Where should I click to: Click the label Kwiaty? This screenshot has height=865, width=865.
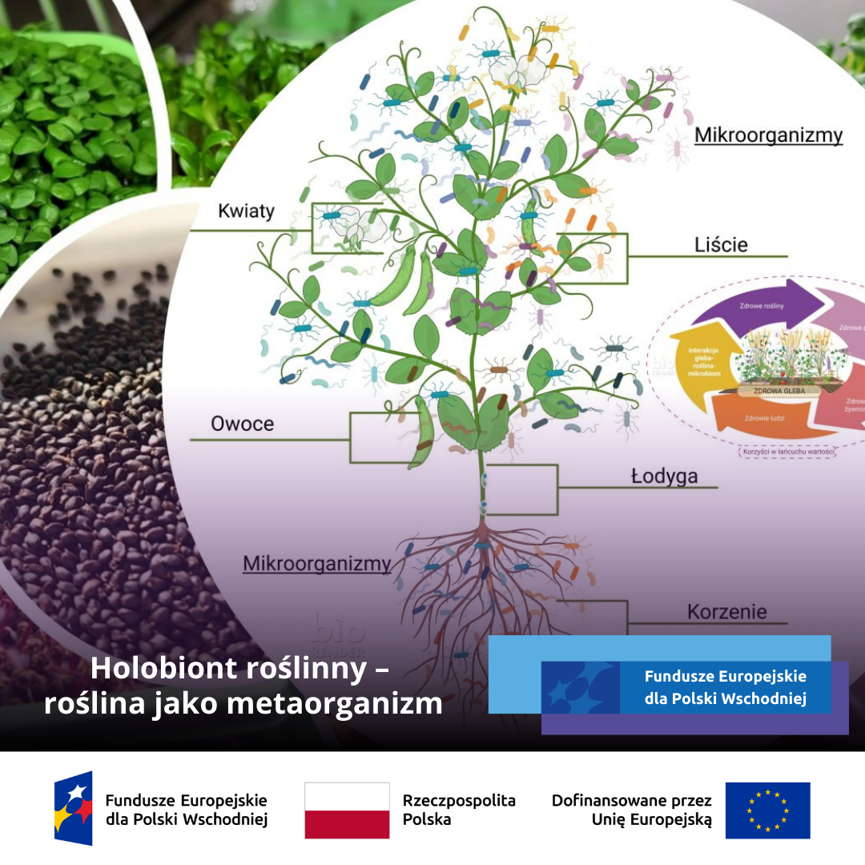pos(246,211)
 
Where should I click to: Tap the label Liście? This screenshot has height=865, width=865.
pos(721,245)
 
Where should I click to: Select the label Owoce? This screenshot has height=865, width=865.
pos(242,424)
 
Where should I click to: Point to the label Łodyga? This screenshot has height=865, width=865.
pos(664,477)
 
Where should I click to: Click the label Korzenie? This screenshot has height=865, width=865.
pos(726,613)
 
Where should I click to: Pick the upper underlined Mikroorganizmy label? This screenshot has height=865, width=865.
pos(768,135)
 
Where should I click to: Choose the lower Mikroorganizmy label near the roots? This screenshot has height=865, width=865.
pos(317,564)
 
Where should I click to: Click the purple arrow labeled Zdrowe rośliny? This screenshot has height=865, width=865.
pos(753,306)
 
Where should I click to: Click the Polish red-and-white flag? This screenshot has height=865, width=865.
pos(347,810)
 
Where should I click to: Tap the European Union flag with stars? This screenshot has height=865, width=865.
pos(767,810)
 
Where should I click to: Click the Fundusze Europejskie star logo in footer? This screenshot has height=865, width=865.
pos(73,808)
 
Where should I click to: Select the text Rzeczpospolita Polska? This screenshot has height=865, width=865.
pos(459,810)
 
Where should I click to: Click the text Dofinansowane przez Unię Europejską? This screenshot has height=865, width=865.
pos(631,810)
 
